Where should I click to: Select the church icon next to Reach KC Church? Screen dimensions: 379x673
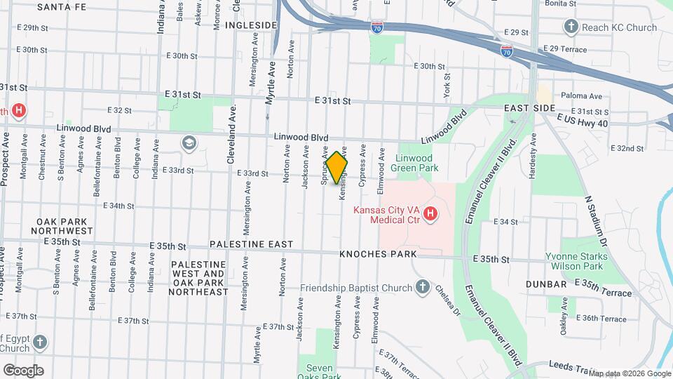(571, 27)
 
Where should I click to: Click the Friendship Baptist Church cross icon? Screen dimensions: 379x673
(422, 286)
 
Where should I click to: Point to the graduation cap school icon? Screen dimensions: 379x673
(188, 143)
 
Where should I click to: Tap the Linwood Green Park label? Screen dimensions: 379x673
(425, 164)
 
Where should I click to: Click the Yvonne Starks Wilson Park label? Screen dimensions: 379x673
(574, 261)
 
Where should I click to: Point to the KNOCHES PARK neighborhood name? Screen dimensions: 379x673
(378, 254)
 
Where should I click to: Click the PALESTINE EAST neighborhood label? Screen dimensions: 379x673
(251, 244)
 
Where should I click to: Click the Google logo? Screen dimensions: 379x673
(23, 370)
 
